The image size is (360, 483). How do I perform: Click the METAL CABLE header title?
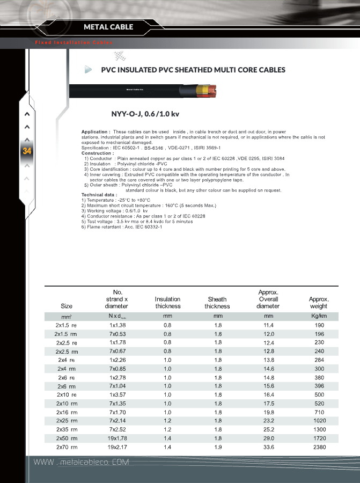click(108, 27)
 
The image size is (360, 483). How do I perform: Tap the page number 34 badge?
click(27, 151)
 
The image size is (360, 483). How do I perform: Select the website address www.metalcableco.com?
click(82, 463)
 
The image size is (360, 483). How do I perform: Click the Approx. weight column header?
click(319, 303)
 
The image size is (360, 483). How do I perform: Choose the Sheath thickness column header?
click(217, 303)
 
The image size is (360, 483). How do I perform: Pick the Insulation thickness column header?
click(168, 303)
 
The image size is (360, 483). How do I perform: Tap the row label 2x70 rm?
click(67, 447)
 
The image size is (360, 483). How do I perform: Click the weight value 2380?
click(319, 447)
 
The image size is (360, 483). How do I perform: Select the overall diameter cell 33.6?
click(268, 447)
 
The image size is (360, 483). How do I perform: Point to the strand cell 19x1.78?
click(117, 438)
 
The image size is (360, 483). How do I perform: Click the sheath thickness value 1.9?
click(218, 447)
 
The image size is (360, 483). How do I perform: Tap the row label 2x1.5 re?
click(67, 325)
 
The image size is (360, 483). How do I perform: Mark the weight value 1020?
click(319, 421)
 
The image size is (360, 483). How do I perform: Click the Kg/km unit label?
click(319, 316)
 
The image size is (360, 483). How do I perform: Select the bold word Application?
click(95, 131)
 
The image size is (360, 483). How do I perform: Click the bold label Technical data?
click(99, 194)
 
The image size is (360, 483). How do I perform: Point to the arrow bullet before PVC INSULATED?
click(89, 70)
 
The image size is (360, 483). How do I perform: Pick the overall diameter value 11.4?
click(268, 325)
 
